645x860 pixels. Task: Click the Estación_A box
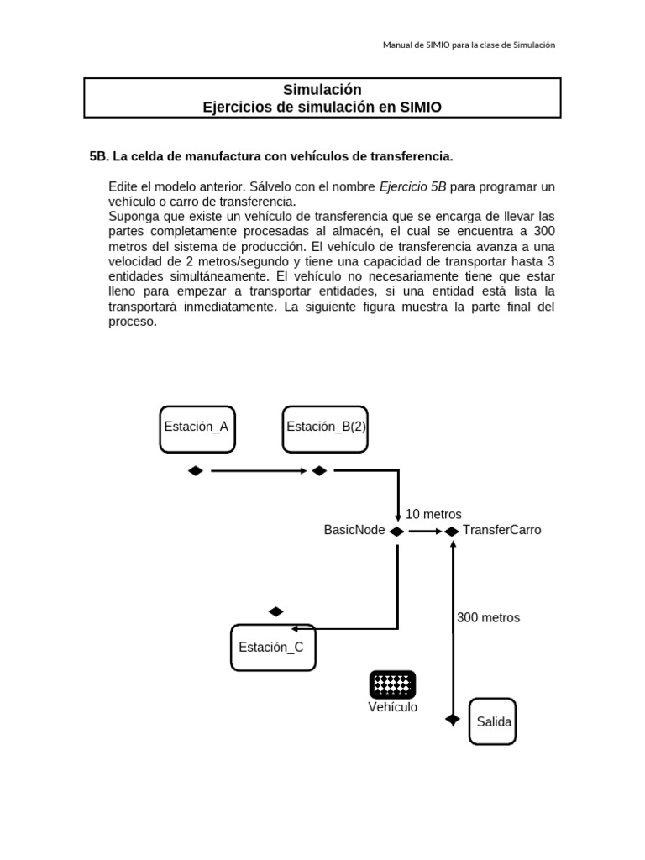pos(196,427)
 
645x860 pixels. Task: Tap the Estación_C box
pos(273,648)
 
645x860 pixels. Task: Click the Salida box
pos(493,721)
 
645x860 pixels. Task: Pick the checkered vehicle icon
pos(392,684)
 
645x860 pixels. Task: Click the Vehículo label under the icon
pos(392,707)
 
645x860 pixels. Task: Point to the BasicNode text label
pos(354,531)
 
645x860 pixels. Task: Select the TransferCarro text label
pos(501,531)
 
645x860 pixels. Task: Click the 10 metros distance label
pos(433,514)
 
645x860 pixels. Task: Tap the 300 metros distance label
pos(488,617)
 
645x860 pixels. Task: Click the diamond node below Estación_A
pos(196,471)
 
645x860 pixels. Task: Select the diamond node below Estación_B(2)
pos(319,471)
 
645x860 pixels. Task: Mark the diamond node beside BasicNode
pos(397,531)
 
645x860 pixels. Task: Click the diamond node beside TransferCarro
pos(452,531)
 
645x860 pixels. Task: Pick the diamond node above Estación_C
pos(275,611)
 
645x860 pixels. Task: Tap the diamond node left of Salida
pos(453,720)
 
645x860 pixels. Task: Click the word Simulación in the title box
pos(322,90)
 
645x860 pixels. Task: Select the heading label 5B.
pos(98,156)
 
